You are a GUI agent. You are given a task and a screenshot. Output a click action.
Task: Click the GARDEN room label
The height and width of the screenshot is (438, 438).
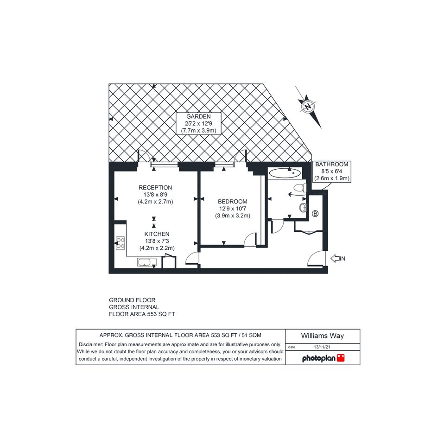point(199,116)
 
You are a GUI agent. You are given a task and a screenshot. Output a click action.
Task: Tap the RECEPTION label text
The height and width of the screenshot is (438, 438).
point(155,188)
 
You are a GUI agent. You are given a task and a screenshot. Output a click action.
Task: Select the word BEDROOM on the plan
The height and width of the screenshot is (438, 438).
point(232,202)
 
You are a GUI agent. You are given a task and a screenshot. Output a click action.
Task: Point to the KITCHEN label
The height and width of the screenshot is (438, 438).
point(157,234)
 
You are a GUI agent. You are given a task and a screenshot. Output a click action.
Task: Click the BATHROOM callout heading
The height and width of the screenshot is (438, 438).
point(331,165)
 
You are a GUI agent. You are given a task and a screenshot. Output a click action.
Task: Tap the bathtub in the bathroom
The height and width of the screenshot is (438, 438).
point(285,173)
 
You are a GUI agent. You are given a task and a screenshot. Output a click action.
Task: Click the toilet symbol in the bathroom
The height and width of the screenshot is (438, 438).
point(300,188)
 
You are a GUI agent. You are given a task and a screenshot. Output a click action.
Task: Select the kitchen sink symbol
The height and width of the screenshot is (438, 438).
point(146,262)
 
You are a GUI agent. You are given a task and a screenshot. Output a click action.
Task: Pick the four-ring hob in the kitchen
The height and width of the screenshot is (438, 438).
point(121,243)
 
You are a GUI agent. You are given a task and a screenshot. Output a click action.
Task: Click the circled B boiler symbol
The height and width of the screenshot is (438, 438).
point(315,214)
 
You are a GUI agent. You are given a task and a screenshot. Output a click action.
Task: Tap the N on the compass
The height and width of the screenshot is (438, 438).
point(308,107)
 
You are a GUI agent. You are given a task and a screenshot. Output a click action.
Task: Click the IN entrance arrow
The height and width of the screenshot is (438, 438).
point(338,258)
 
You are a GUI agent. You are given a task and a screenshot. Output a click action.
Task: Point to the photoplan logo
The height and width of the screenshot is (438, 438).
point(323,358)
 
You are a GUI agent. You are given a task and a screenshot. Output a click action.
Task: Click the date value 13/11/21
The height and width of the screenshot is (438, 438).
point(322,347)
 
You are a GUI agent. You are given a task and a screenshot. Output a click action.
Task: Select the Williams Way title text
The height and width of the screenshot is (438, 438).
point(322,336)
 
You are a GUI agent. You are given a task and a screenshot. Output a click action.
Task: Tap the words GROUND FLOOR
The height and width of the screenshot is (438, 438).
point(132,300)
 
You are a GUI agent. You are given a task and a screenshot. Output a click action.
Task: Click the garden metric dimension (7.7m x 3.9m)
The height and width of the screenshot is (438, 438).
point(199,130)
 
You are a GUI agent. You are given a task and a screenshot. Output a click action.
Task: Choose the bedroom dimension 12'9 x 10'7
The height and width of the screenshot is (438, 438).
point(232,209)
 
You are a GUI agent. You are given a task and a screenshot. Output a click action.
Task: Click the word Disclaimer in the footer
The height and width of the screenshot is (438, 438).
point(90,345)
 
